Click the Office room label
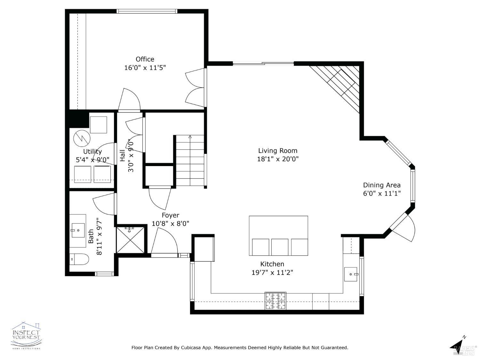[145, 59]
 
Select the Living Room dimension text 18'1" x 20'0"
[278, 159]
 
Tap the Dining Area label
[381, 185]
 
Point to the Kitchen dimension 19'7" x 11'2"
[272, 273]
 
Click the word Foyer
[170, 215]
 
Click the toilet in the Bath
[79, 259]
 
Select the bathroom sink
[78, 230]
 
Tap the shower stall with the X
[130, 240]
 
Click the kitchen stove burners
[275, 301]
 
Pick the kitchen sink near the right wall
[351, 274]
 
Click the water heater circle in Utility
[82, 138]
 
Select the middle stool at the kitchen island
[280, 247]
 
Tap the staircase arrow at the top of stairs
[190, 137]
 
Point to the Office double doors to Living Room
[195, 88]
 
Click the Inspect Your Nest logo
[26, 335]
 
